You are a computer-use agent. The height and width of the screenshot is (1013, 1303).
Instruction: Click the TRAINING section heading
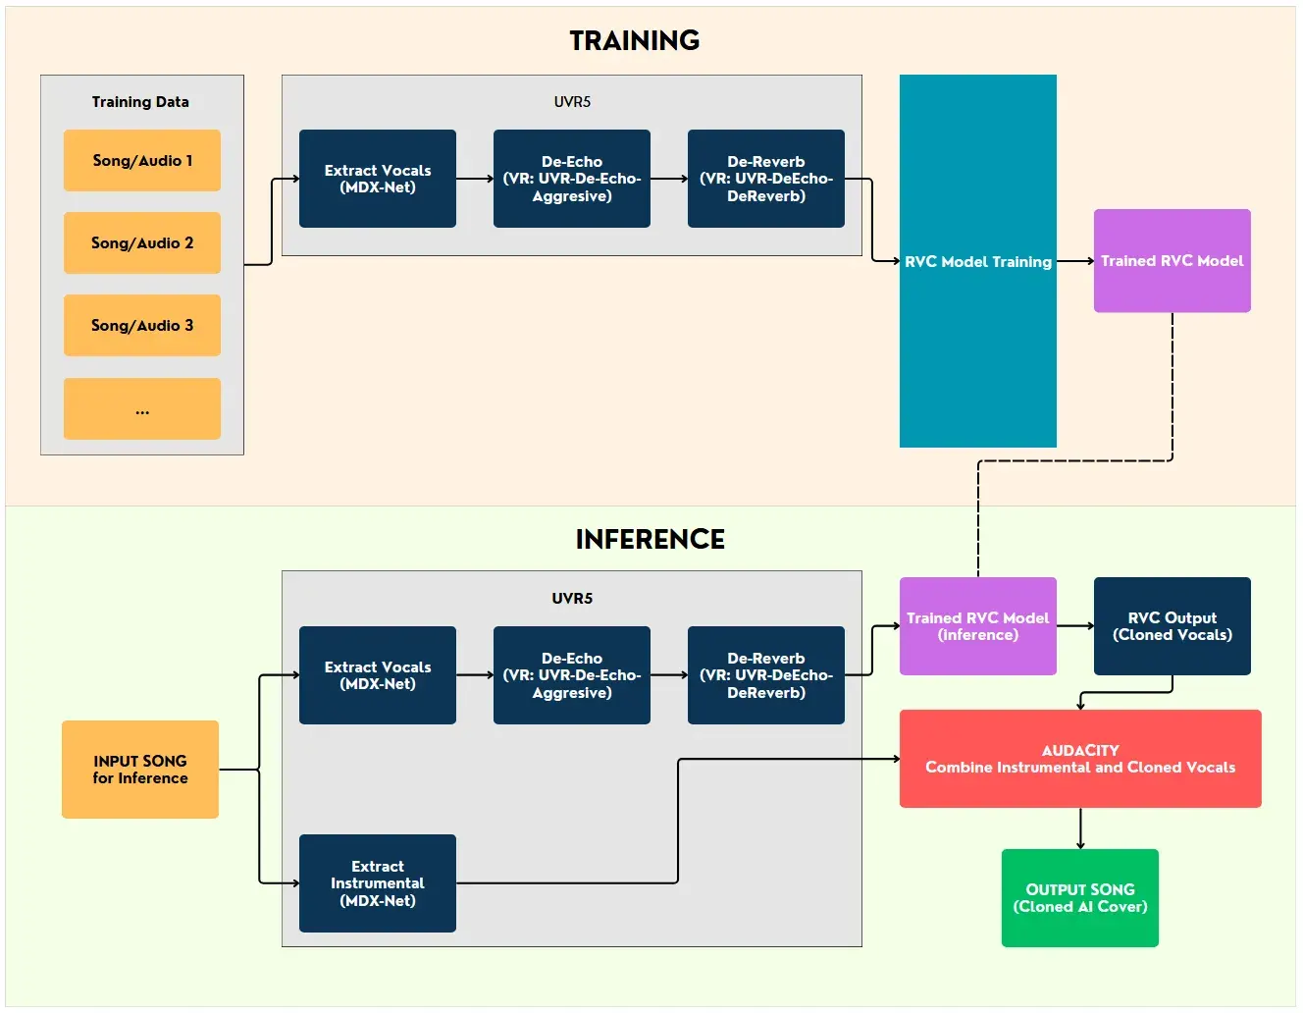pyautogui.click(x=634, y=40)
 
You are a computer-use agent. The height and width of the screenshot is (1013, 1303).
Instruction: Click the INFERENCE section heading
pyautogui.click(x=650, y=539)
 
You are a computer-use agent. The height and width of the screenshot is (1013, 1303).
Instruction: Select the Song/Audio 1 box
pyautogui.click(x=142, y=160)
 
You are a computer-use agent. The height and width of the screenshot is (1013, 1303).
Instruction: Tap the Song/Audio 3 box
pyautogui.click(x=142, y=325)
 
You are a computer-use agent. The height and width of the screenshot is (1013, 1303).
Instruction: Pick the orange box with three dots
pyautogui.click(x=142, y=408)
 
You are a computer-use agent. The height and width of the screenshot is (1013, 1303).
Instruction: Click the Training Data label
pyautogui.click(x=140, y=102)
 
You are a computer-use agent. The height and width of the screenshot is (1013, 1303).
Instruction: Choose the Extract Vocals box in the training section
pyautogui.click(x=378, y=179)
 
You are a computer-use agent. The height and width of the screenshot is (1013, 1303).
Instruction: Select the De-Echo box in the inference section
pyautogui.click(x=572, y=675)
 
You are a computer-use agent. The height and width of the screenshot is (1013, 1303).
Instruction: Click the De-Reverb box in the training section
pyautogui.click(x=766, y=179)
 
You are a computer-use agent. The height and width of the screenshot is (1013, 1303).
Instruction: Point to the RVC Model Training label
pyautogui.click(x=978, y=261)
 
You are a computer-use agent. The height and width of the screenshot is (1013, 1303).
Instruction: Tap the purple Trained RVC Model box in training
pyautogui.click(x=1173, y=261)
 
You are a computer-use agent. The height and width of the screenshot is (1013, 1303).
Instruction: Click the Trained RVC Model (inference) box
pyautogui.click(x=978, y=626)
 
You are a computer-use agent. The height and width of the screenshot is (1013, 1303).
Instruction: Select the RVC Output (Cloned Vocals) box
pyautogui.click(x=1173, y=626)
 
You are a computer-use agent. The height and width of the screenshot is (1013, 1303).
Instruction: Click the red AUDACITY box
pyautogui.click(x=1080, y=759)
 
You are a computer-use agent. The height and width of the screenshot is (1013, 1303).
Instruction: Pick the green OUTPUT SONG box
pyautogui.click(x=1080, y=898)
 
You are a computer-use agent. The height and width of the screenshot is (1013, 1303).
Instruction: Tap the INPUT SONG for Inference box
pyautogui.click(x=140, y=770)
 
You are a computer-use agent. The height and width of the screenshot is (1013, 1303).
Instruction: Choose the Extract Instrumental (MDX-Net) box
pyautogui.click(x=378, y=883)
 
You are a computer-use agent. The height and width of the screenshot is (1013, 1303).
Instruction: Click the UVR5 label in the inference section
pyautogui.click(x=572, y=598)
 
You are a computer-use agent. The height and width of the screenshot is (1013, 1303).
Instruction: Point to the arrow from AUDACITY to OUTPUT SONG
pyautogui.click(x=1080, y=828)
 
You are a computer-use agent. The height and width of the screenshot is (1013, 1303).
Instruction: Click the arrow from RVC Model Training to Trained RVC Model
pyautogui.click(x=1075, y=261)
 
